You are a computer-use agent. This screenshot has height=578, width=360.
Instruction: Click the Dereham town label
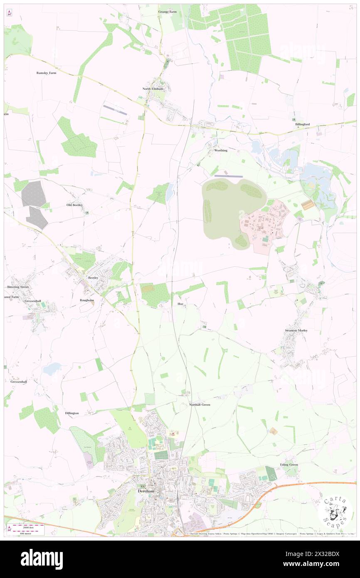pyautogui.click(x=145, y=491)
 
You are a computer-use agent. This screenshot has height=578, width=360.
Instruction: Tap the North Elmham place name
pyautogui.click(x=150, y=89)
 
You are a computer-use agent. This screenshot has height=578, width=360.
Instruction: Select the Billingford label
pyautogui.click(x=302, y=124)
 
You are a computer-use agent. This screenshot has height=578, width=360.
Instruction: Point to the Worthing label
pyautogui.click(x=221, y=151)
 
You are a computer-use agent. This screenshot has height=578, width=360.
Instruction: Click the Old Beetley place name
pyautogui.click(x=75, y=205)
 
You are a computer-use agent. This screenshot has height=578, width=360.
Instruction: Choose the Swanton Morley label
pyautogui.click(x=296, y=330)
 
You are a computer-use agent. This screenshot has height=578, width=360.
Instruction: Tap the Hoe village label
pyautogui.click(x=180, y=304)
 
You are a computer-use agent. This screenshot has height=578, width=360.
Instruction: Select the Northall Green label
pyautogui.click(x=200, y=404)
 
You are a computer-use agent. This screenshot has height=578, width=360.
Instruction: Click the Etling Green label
pyautogui.click(x=289, y=464)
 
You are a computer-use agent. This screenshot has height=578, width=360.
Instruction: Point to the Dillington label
pyautogui.click(x=72, y=413)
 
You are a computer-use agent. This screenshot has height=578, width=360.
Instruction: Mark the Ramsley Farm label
pyautogui.click(x=46, y=73)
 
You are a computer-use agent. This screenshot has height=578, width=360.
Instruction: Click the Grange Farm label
pyautogui.click(x=167, y=12)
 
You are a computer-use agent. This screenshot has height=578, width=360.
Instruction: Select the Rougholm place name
pyautogui.click(x=87, y=300)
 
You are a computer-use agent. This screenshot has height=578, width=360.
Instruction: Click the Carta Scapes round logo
pyautogui.click(x=335, y=513)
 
